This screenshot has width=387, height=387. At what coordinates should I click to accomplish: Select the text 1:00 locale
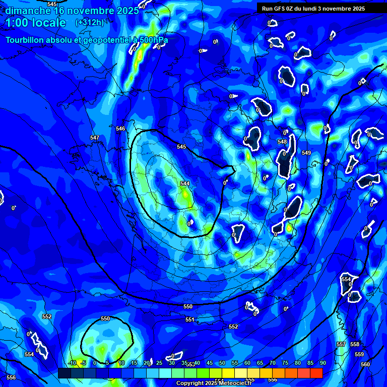tap(36, 23)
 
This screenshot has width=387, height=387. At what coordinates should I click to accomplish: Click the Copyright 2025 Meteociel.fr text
tap(214, 383)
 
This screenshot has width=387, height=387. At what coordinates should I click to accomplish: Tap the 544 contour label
tap(185, 183)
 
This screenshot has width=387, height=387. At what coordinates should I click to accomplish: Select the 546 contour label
tap(120, 128)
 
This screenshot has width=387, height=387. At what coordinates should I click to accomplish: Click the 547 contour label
tap(95, 138)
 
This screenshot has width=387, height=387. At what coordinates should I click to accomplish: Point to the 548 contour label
tap(282, 142)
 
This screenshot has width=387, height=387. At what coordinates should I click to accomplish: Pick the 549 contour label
tap(306, 152)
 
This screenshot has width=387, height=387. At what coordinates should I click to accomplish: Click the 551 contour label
tap(189, 319)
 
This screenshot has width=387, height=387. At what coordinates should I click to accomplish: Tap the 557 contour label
tap(341, 344)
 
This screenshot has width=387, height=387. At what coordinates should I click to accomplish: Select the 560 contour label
tap(365, 364)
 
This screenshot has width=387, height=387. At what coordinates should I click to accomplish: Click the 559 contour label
tap(359, 354)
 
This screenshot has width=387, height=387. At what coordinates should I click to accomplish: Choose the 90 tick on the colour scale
tap(322, 363)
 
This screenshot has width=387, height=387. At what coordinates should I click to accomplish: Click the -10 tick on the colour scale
tap(72, 363)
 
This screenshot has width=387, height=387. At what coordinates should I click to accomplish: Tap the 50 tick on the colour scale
tap(222, 363)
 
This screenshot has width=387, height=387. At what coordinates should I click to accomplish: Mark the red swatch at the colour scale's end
tap(316, 373)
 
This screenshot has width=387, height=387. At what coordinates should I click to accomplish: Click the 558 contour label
tap(355, 344)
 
